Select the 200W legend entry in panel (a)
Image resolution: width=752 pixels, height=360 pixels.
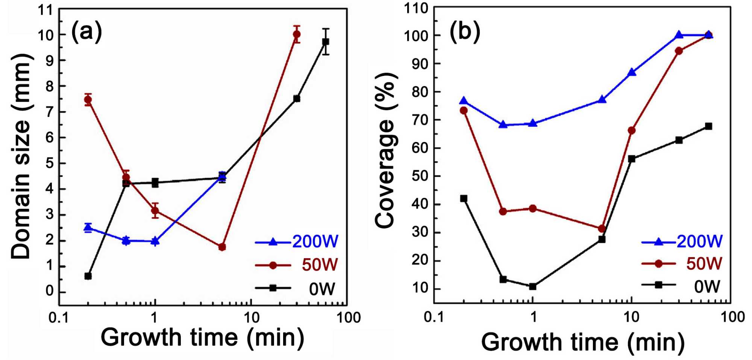coord(297,242)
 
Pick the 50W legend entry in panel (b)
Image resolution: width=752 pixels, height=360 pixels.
coord(682,263)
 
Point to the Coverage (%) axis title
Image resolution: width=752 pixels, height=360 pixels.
coord(385,150)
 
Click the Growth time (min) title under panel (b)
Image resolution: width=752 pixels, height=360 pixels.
coord(582,342)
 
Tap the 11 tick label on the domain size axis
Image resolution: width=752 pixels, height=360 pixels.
coord(45,10)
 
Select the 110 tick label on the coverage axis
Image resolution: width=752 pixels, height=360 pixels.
coord(416,8)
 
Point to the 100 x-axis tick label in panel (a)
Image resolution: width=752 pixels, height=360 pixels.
coord(348,318)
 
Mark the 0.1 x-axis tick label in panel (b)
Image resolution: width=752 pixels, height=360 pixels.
coord(434,317)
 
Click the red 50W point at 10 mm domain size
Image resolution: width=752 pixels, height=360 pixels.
coord(297,34)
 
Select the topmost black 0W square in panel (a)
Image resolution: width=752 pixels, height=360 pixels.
coord(326,41)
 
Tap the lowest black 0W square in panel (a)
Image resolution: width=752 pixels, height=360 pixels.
coord(88,276)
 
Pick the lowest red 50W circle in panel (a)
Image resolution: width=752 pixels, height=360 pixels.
coord(222,247)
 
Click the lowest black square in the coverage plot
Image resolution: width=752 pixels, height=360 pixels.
coord(532,286)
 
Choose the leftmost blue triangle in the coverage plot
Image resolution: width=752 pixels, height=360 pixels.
coord(464,101)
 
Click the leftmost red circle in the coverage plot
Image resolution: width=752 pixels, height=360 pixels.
coord(464,110)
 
